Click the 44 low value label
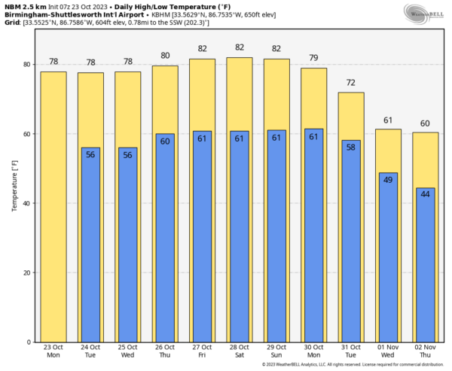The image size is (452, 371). click(x=425, y=194)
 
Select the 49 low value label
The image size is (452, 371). click(x=388, y=179)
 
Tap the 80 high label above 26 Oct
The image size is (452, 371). click(x=165, y=55)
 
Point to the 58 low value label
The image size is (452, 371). click(x=350, y=147)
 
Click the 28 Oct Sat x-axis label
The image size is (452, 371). click(x=239, y=351)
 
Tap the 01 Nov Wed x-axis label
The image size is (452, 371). click(x=388, y=351)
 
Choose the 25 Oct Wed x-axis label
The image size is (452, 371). click(x=127, y=351)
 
